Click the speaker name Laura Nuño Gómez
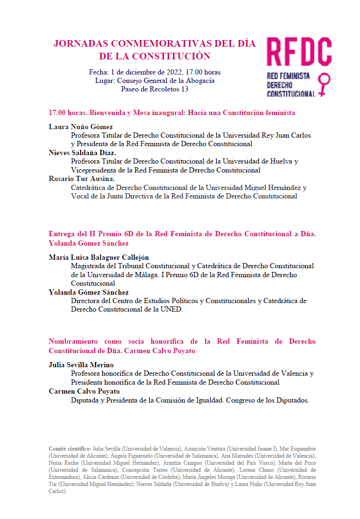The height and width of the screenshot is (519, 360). (81, 127)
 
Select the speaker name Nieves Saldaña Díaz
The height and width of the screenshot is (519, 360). (82, 153)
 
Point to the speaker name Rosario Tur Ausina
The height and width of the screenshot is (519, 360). (82, 179)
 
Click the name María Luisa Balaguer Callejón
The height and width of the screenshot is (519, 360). (98, 257)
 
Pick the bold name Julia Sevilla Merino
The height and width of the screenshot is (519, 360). (81, 365)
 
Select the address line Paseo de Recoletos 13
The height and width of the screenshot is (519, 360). (155, 89)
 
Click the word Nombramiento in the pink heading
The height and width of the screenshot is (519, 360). (73, 341)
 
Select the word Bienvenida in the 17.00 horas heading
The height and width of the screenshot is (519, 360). (107, 113)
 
